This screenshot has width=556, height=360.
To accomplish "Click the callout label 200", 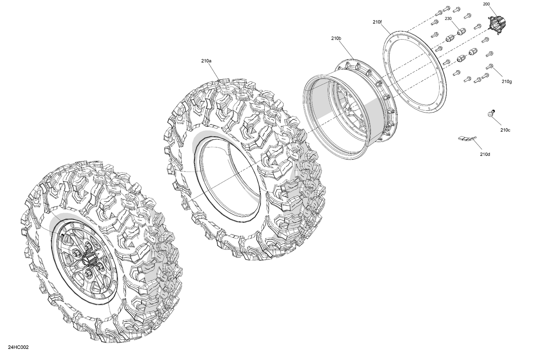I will (486, 4).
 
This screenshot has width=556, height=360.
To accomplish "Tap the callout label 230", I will (448, 19).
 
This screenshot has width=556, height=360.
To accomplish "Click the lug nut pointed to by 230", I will (460, 32).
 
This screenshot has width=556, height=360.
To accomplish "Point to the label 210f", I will (377, 22).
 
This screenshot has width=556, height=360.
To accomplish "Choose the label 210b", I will (336, 38).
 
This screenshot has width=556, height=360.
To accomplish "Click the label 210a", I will (206, 61).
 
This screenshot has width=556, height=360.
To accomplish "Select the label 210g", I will (507, 81).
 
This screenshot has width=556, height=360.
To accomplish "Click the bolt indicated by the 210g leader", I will (489, 67).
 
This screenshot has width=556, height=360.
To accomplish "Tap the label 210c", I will (505, 130).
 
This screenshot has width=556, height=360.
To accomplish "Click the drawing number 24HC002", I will (18, 347).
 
